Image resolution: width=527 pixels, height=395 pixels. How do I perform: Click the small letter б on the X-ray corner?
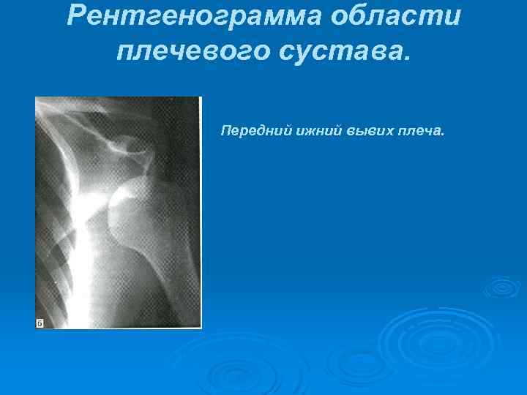point(40,323)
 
